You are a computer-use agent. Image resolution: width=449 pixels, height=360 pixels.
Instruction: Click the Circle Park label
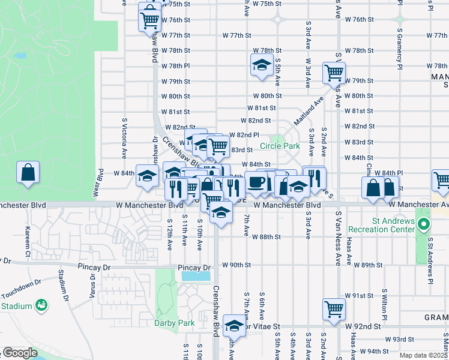coord(280,146)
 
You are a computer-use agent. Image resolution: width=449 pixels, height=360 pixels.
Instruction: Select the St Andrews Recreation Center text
coord(394,225)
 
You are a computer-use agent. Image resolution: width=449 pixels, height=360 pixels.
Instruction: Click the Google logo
coord(19,353)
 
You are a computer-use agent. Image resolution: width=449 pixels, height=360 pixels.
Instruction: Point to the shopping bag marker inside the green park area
coord(28,173)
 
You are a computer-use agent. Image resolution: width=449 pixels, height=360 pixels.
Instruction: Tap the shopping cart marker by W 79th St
coord(333,73)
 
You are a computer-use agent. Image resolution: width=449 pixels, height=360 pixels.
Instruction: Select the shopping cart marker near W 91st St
coord(333,310)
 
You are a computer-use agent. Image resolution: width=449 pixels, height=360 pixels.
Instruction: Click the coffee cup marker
coord(256,182)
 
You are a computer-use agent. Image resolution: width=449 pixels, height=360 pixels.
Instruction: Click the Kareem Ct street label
coord(28,233)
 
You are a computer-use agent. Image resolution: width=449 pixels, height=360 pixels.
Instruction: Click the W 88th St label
coord(268,236)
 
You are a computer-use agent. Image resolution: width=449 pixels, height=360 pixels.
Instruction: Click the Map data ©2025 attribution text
coord(424,355)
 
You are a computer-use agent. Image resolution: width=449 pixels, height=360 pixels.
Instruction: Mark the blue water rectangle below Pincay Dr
coord(196,276)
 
